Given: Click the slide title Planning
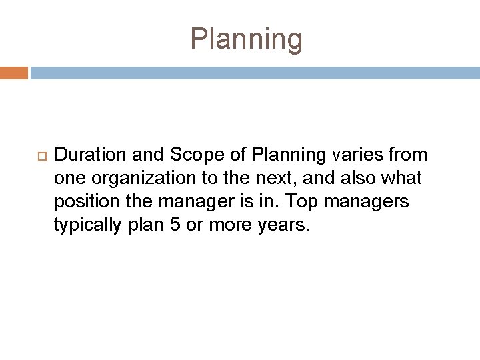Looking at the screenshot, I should tap(246, 39).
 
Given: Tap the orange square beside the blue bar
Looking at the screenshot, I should tap(14, 72).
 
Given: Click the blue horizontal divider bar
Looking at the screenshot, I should tap(254, 72).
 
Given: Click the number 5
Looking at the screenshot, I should tap(176, 225).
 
